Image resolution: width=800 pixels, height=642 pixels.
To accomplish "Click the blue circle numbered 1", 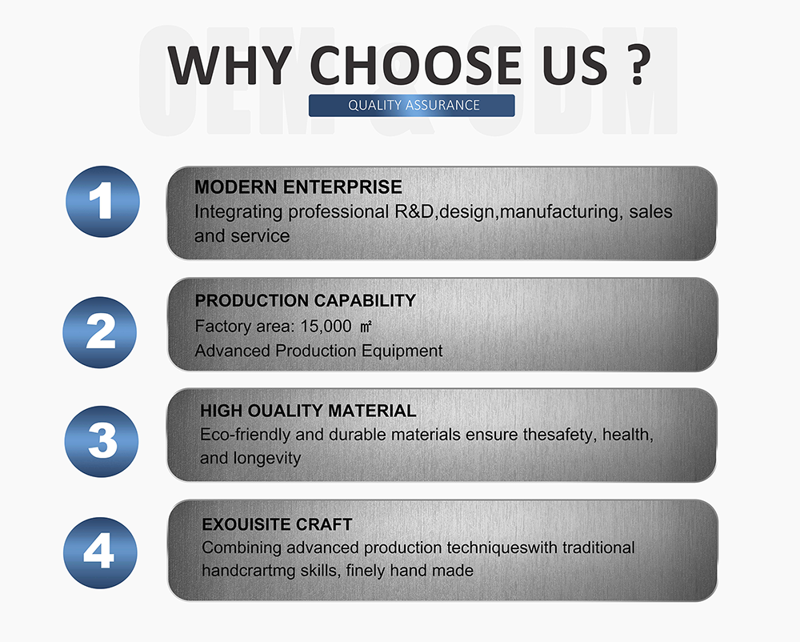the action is tap(102, 202).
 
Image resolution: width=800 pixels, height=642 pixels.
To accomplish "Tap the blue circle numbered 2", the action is tap(100, 332).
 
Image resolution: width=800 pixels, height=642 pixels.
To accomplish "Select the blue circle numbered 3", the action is tap(102, 441).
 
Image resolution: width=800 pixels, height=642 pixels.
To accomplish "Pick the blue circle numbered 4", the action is tap(101, 552).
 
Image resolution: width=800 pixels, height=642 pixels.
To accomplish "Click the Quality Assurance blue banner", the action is tap(412, 105).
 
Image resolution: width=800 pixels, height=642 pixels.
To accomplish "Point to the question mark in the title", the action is tap(638, 65).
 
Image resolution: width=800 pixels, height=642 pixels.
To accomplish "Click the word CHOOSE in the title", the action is tap(415, 65).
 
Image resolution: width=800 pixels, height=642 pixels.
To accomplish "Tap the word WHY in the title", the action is tap(230, 65).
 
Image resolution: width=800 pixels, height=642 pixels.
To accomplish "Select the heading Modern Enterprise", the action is tap(298, 187).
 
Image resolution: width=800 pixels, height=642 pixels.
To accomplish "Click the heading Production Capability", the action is tap(305, 300).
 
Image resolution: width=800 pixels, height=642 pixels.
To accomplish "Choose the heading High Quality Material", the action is tap(308, 411).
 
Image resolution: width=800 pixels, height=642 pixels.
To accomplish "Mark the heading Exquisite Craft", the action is tap(277, 524).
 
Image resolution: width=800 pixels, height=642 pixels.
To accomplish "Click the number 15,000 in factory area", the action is tap(326, 326).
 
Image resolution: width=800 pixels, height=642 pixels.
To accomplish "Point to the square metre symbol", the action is tap(366, 327).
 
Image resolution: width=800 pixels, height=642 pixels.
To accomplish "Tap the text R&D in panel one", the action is tap(414, 212).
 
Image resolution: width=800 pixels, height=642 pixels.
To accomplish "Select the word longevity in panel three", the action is tap(267, 459).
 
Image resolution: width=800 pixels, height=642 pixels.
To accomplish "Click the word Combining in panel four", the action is tap(242, 548).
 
